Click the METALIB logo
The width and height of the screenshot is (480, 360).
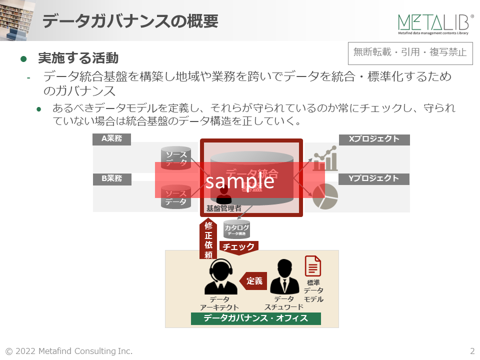pos(435,23)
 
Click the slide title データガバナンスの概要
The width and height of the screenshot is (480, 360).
pos(130,21)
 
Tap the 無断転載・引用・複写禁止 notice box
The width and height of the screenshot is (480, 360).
pos(409,52)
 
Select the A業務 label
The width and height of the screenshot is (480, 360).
pos(111,139)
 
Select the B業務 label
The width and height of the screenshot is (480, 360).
pos(111,178)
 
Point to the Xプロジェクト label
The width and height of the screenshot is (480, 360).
pos(374,139)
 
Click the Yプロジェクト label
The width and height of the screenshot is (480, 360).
pos(374,178)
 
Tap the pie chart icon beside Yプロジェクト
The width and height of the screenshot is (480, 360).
pos(325,196)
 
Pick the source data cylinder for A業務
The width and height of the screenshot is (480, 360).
pos(176,157)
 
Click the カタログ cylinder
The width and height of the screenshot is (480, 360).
pos(236,229)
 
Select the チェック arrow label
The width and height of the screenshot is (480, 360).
pos(238,246)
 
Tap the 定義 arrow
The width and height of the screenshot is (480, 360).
pos(253,281)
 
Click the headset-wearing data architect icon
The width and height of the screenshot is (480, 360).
pos(220,278)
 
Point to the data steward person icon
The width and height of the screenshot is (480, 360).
pos(284,277)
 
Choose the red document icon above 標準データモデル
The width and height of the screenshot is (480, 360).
pos(313,266)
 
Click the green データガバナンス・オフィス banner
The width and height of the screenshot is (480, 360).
pos(255,318)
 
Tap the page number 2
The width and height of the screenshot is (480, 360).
pos(472,351)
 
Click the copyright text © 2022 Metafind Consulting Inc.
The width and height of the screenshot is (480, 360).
pos(69,351)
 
